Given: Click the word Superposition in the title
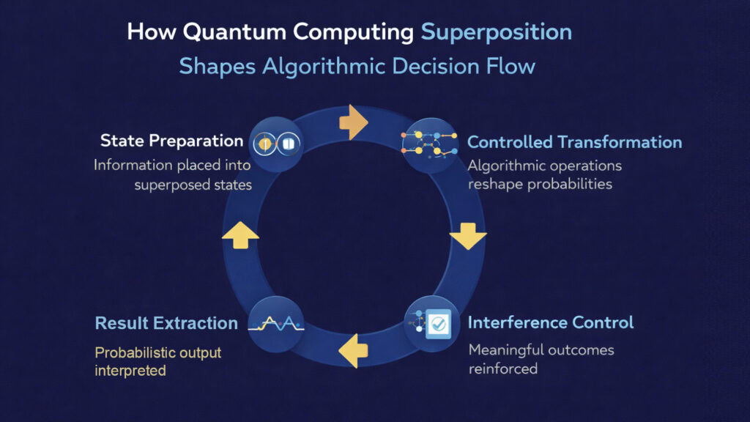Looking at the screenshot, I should (x=497, y=32).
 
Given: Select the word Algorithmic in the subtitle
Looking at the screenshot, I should (x=325, y=66).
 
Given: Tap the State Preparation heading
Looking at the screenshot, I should (x=171, y=141).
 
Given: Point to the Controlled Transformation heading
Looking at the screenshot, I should (x=574, y=142).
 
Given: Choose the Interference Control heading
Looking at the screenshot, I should (x=551, y=322).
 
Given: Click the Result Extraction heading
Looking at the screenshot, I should (x=166, y=323).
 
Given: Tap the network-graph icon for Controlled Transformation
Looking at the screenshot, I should (x=426, y=142).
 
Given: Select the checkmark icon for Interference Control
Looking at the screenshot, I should (x=431, y=323).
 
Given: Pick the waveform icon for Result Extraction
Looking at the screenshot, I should (x=275, y=323).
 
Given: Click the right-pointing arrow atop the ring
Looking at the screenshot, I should (x=354, y=122).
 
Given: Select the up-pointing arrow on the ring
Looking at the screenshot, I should (x=240, y=234).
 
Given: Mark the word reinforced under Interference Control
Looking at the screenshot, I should (x=503, y=369).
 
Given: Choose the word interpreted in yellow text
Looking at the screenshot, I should (x=130, y=371).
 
